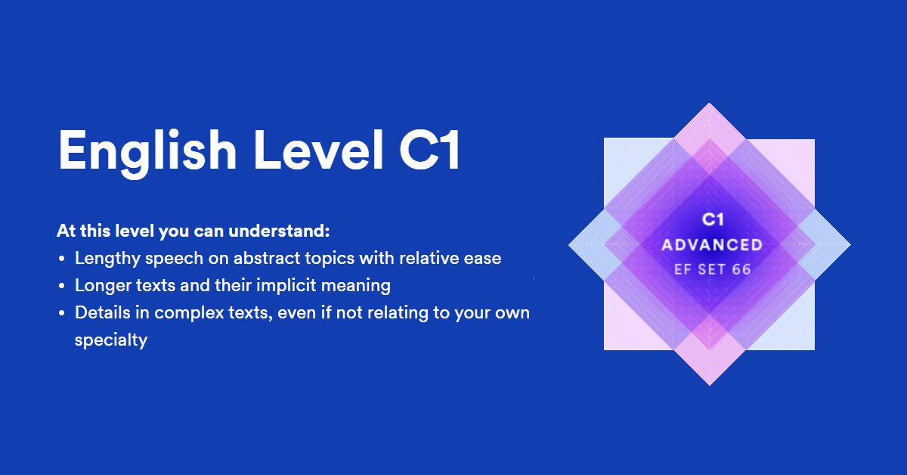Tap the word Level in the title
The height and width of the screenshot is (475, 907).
tap(318, 149)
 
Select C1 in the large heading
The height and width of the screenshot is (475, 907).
tap(429, 150)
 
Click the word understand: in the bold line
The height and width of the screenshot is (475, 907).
tap(279, 231)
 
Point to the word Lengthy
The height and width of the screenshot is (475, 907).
tap(107, 259)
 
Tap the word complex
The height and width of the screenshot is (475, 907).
tap(189, 313)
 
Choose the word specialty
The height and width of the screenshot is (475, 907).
tap(111, 340)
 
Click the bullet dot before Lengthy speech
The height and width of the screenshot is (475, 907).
tap(61, 259)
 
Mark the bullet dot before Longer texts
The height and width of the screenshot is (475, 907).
tap(61, 286)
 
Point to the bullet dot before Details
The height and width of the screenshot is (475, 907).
tap(61, 313)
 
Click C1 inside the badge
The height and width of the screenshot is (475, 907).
tap(713, 219)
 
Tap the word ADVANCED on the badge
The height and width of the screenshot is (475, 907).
tap(712, 245)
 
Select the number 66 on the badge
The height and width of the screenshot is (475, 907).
tap(741, 269)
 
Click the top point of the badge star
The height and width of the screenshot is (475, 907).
tap(709, 104)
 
